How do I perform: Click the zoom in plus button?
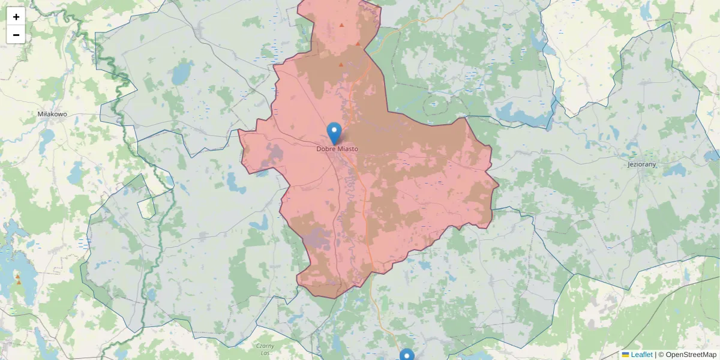16,16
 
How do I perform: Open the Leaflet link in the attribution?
641,355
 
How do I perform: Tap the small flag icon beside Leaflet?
626,355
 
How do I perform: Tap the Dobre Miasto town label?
337,149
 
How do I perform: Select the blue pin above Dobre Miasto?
334,133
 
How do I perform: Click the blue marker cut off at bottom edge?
407,355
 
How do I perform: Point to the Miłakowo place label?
52,114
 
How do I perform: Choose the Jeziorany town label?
642,164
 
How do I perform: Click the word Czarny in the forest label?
265,346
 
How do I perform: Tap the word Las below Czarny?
265,353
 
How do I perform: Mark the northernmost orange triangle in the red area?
341,25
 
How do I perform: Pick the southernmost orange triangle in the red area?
341,64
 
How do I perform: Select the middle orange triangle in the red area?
358,43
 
